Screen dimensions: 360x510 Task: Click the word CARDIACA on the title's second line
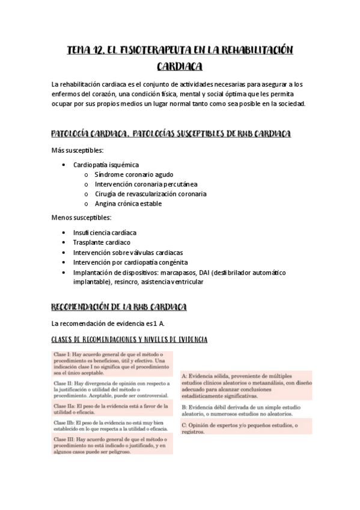pos(180,66)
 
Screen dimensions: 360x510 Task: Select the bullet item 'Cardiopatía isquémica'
pos(106,164)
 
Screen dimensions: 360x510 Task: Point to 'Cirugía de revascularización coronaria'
pos(150,194)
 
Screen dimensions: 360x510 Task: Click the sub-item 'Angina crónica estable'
pos(128,203)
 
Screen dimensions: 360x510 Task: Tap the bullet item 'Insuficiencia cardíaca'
pos(105,232)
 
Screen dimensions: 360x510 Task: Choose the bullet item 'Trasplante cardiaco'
pos(102,242)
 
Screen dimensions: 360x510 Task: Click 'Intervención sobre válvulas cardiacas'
pos(128,253)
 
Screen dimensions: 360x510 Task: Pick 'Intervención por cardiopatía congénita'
pos(130,262)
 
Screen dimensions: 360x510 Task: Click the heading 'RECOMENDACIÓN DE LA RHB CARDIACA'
pos(120,307)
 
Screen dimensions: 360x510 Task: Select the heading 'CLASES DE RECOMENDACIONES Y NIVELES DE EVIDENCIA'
pos(130,340)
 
